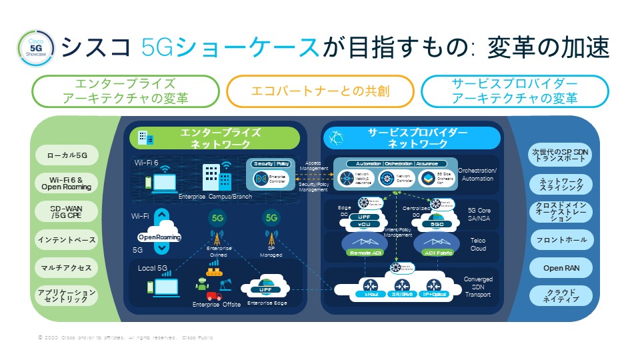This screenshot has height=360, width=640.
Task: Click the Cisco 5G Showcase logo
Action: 32,47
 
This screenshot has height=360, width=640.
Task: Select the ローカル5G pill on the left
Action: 66,156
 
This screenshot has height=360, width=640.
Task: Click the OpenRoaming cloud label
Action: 160,237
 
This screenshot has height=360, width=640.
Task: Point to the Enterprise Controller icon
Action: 261,178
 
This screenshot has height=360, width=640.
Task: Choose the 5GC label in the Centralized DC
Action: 438,225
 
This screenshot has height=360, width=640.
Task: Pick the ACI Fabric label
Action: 438,253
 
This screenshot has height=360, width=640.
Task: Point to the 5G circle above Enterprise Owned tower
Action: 217,217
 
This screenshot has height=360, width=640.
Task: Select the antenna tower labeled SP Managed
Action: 271,239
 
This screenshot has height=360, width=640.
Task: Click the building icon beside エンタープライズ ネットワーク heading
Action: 144,138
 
